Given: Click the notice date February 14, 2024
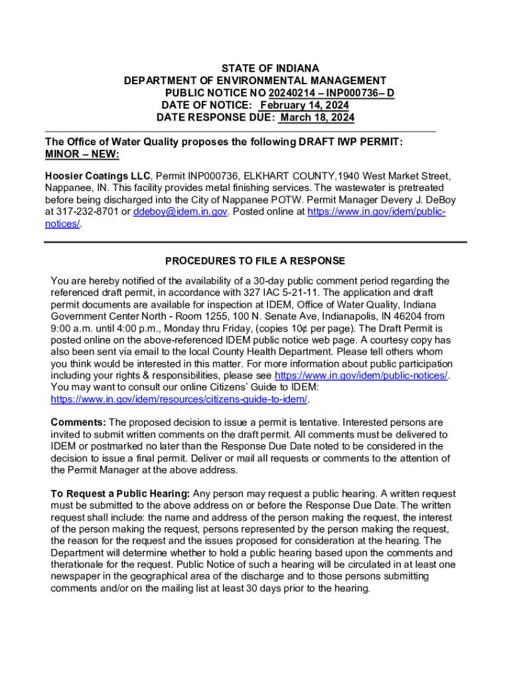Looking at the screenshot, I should coord(304,106).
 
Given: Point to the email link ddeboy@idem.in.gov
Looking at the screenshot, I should coord(181,212).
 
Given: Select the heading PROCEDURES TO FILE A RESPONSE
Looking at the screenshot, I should coord(255,261).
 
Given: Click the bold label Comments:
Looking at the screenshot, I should coord(78,422).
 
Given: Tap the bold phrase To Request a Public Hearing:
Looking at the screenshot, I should coord(121,494).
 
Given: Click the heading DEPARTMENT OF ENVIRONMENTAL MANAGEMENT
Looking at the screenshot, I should coord(255,81).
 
